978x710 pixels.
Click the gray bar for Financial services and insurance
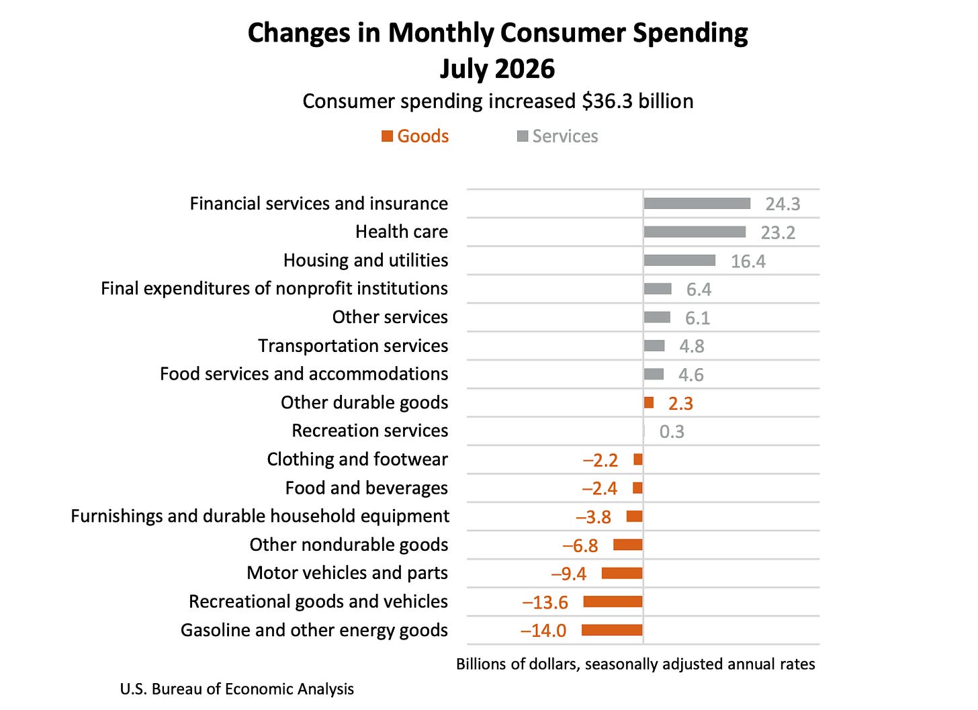[x=697, y=204]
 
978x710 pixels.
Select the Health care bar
[x=695, y=232]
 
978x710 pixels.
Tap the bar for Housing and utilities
[x=680, y=260]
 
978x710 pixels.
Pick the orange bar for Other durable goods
[x=649, y=402]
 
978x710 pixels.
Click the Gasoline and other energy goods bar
[x=612, y=630]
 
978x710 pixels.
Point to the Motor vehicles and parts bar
[x=622, y=574]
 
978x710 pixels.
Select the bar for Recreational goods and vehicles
[x=613, y=602]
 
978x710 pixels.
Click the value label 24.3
[x=783, y=204]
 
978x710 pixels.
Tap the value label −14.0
[x=543, y=631]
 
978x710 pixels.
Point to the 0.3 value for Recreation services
[x=672, y=431]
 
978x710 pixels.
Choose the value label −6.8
[x=580, y=545]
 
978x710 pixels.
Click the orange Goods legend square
[x=387, y=136]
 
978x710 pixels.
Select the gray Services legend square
[x=522, y=136]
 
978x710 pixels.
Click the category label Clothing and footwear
[x=357, y=459]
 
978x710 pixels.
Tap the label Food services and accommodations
[x=304, y=373]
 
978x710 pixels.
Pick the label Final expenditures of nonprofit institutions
[x=275, y=289]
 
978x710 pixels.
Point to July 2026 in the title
[x=497, y=69]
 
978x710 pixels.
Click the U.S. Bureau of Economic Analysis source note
[x=237, y=689]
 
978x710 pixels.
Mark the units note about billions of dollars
[x=635, y=664]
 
